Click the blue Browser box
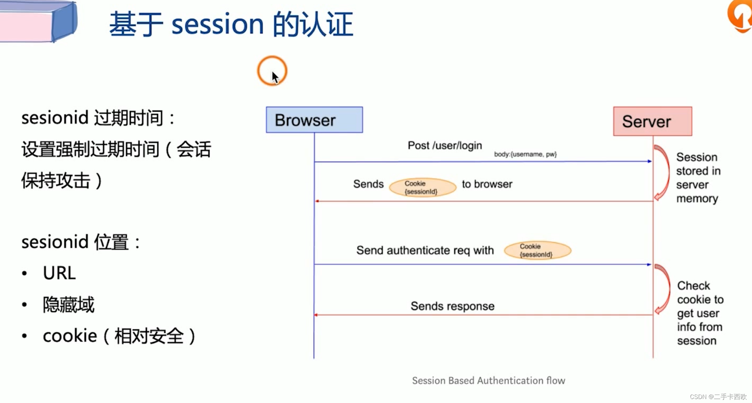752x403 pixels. pos(314,120)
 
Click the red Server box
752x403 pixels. pos(652,121)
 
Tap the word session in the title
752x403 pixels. pos(218,24)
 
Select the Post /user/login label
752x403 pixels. pos(445,145)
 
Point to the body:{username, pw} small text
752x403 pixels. pos(525,154)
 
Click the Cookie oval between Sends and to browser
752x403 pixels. pos(422,187)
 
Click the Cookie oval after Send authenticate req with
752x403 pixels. pos(537,250)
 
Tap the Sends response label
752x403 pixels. pos(452,306)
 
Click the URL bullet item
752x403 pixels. pos(59,273)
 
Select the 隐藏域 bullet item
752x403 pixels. pos(69,304)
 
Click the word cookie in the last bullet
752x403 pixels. pos(70,336)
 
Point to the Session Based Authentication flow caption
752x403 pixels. pos(488,380)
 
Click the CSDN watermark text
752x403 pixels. pos(718,397)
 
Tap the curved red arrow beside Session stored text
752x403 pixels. pos(662,172)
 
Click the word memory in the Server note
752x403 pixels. pos(697,199)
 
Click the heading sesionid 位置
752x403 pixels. pos(81,242)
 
